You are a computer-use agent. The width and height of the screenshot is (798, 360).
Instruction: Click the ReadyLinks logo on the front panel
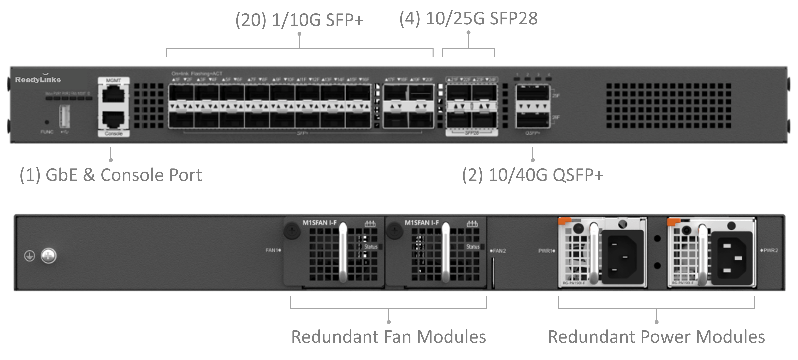(38, 80)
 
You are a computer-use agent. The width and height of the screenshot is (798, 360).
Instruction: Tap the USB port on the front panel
(64, 116)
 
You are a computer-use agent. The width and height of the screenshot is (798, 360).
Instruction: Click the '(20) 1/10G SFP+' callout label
(299, 20)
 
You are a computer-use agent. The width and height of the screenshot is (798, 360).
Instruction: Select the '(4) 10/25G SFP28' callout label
(468, 19)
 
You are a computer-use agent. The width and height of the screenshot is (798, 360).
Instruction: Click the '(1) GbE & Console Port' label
(111, 175)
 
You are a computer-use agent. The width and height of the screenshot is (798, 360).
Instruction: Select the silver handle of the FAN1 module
(343, 253)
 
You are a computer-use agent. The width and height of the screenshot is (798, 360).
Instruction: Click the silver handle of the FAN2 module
(446, 253)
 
